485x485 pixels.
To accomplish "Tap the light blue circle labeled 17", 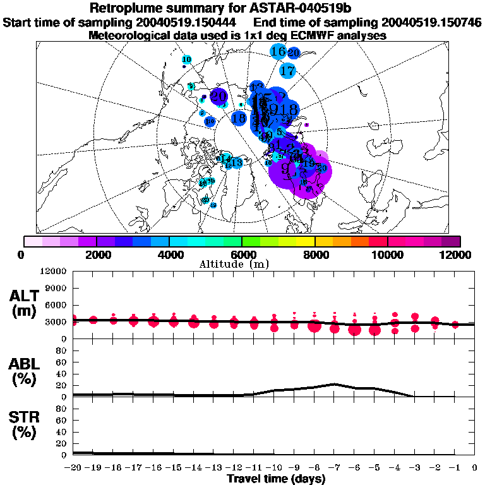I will pyautogui.click(x=288, y=70).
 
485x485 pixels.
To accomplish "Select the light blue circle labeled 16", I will pyautogui.click(x=278, y=51).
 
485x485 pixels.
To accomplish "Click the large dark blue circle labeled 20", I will pyautogui.click(x=219, y=97).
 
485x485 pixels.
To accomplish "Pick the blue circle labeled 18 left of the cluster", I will pyautogui.click(x=239, y=117).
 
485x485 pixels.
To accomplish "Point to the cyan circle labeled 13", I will pyautogui.click(x=237, y=163).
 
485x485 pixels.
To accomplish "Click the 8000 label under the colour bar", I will pyautogui.click(x=315, y=254).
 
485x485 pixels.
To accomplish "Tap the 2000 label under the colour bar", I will pyautogui.click(x=96, y=254).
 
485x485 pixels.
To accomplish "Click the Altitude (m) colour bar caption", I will pyautogui.click(x=242, y=264).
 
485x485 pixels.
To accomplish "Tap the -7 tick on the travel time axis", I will pyautogui.click(x=333, y=467).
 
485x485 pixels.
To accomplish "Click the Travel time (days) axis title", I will pyautogui.click(x=276, y=479).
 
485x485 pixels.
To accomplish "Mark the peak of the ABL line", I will pyautogui.click(x=335, y=384).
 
